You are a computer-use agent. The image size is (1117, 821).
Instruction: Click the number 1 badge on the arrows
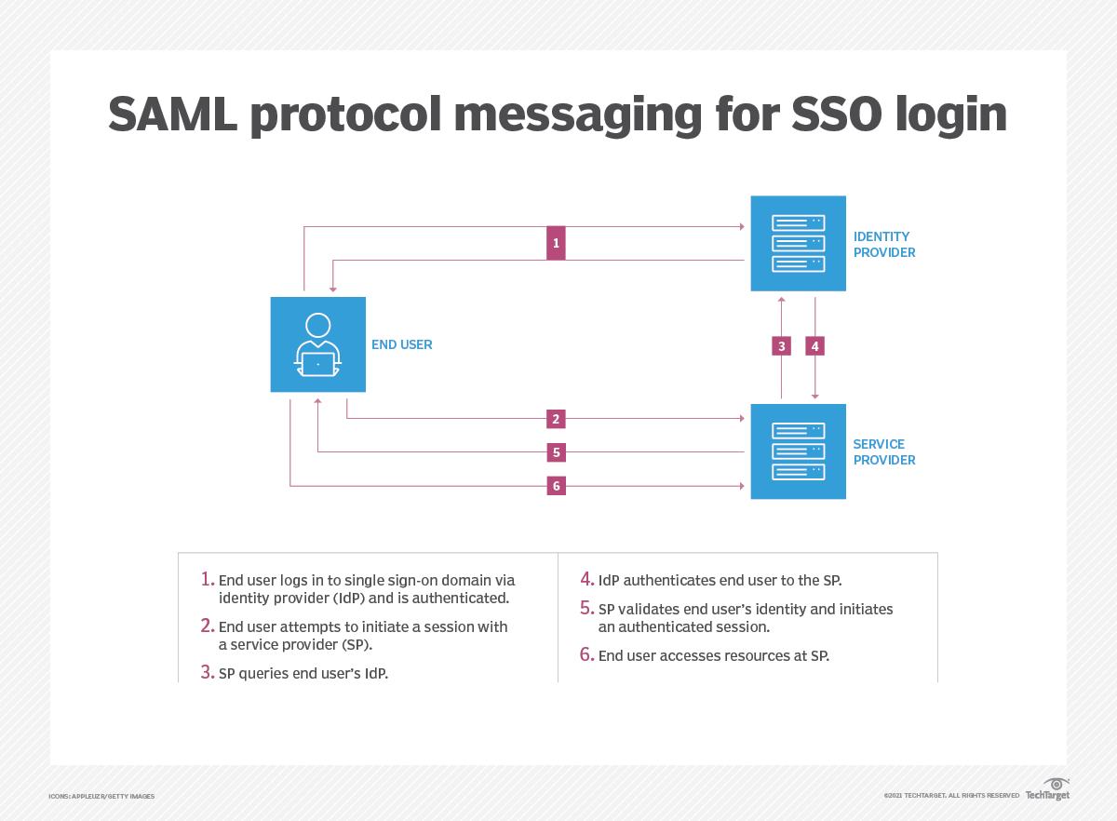(x=556, y=243)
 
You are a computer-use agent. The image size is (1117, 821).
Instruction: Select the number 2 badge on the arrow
(x=556, y=419)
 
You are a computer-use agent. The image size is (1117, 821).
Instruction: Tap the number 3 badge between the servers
(x=782, y=346)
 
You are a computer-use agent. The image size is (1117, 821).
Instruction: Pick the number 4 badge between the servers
(x=815, y=346)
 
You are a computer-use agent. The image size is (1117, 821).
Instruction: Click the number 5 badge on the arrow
(x=556, y=452)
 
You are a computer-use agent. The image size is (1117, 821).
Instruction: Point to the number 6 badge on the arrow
(x=556, y=486)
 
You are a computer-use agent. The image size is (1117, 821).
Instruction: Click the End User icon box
(x=318, y=344)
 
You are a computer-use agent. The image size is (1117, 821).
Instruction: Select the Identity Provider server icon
(x=799, y=243)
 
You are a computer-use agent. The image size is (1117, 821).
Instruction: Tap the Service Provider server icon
(x=799, y=451)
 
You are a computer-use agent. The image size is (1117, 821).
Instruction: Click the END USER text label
(x=402, y=344)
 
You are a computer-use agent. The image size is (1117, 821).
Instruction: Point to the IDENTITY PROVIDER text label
(x=884, y=244)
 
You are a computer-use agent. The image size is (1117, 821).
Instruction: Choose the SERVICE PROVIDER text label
(x=884, y=451)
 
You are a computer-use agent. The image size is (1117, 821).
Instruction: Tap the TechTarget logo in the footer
(x=1048, y=789)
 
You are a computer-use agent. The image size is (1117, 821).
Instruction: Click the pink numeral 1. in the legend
(x=208, y=579)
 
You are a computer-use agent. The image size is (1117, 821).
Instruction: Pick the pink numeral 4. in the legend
(x=586, y=579)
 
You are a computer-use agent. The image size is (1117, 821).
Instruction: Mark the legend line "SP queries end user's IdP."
(x=303, y=673)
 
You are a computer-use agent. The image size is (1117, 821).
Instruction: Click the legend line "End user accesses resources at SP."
(x=713, y=655)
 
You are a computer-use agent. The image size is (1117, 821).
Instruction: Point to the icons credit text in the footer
(x=101, y=797)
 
